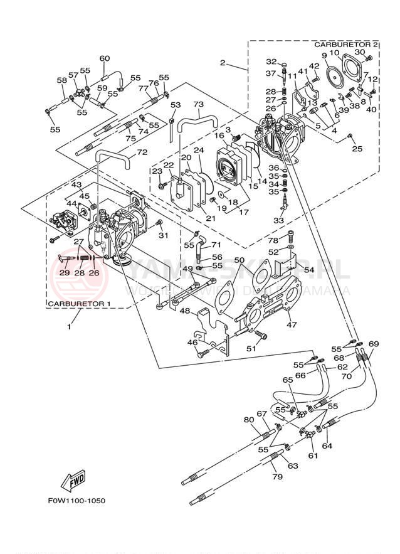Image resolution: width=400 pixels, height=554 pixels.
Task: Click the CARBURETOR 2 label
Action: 346,45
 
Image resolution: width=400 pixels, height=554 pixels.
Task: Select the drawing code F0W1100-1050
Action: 76,501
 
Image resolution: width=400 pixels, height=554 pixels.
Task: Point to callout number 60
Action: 104,59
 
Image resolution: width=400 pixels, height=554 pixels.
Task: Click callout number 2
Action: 222,62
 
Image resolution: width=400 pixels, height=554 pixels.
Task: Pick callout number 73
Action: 198,104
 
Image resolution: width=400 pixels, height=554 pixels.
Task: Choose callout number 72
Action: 142,152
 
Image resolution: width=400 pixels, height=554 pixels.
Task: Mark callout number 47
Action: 291,325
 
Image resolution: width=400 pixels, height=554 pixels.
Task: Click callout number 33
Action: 278,221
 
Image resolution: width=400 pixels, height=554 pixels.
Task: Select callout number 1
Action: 70,326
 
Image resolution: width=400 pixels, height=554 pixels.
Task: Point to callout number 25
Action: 357,149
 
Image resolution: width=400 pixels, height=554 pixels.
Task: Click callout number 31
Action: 164,235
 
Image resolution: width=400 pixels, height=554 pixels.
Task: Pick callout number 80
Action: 249,419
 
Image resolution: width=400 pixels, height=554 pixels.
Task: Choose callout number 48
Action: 185,311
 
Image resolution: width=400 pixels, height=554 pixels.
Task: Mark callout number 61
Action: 312,455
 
